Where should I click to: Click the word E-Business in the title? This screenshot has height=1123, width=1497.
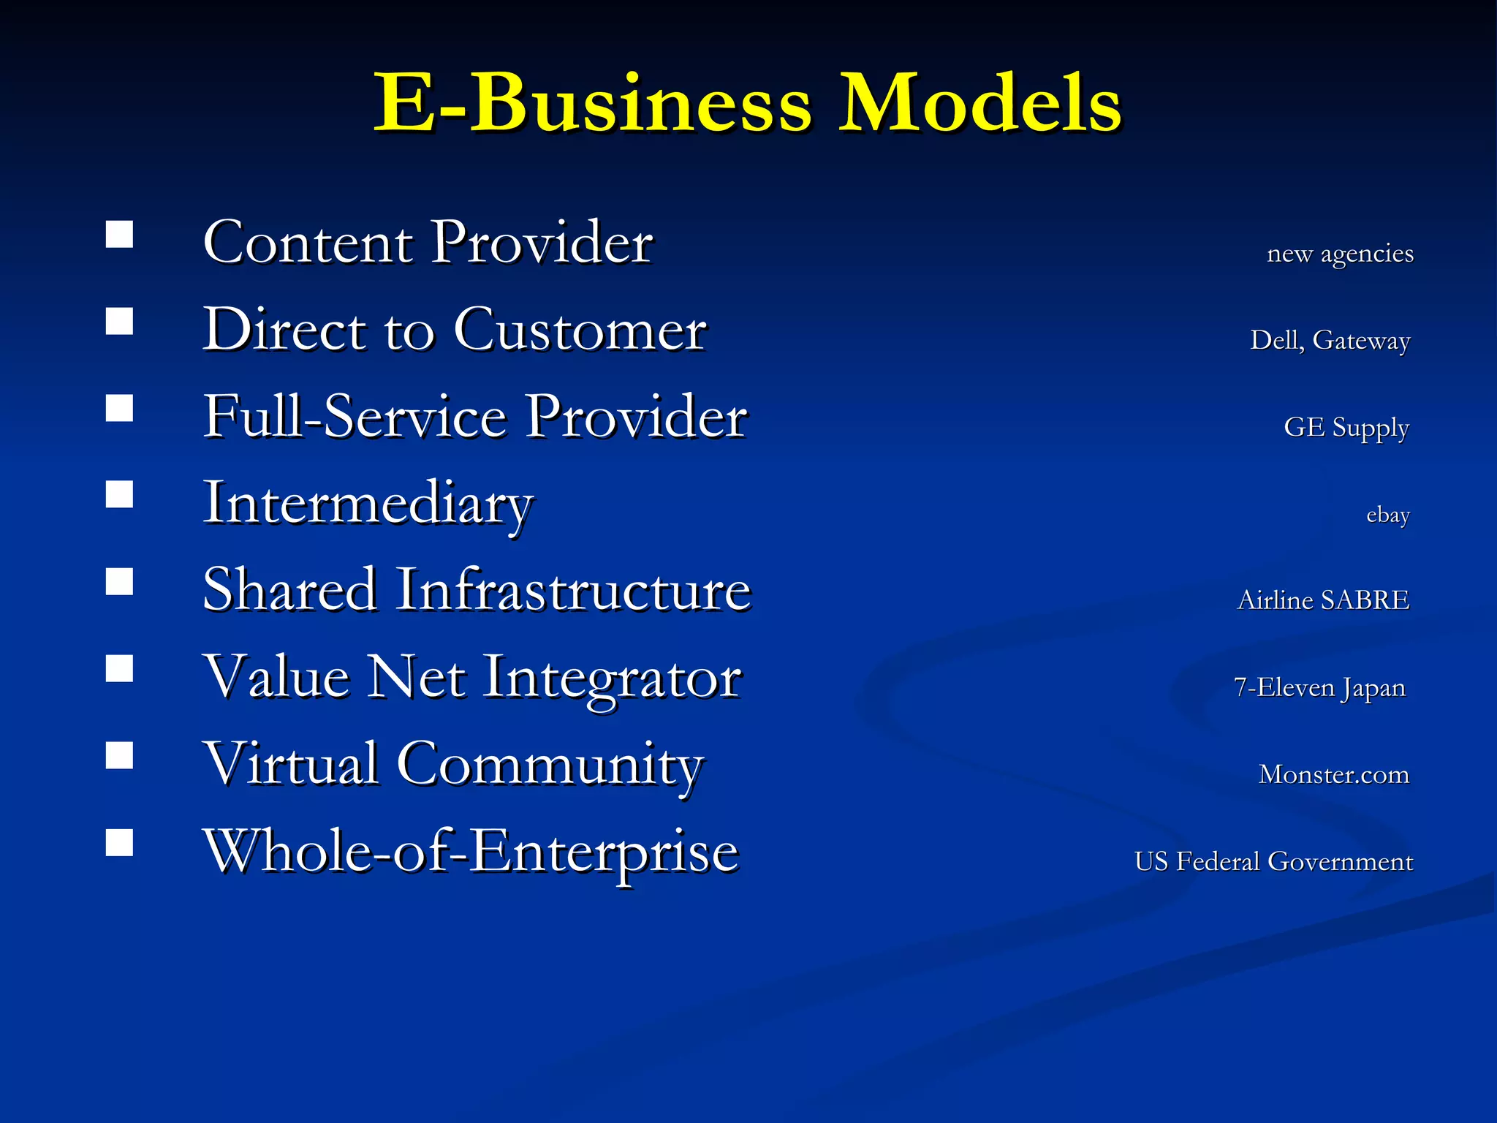(x=593, y=104)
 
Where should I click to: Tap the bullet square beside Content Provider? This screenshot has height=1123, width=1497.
(x=119, y=235)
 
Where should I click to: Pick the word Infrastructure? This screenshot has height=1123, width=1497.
(x=573, y=590)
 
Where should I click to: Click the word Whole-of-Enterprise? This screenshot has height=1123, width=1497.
(x=471, y=852)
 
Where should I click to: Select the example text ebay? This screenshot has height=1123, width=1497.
(x=1387, y=515)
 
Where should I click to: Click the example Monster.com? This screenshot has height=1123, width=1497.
(x=1333, y=774)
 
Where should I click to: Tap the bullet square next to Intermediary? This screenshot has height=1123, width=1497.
(x=119, y=495)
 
